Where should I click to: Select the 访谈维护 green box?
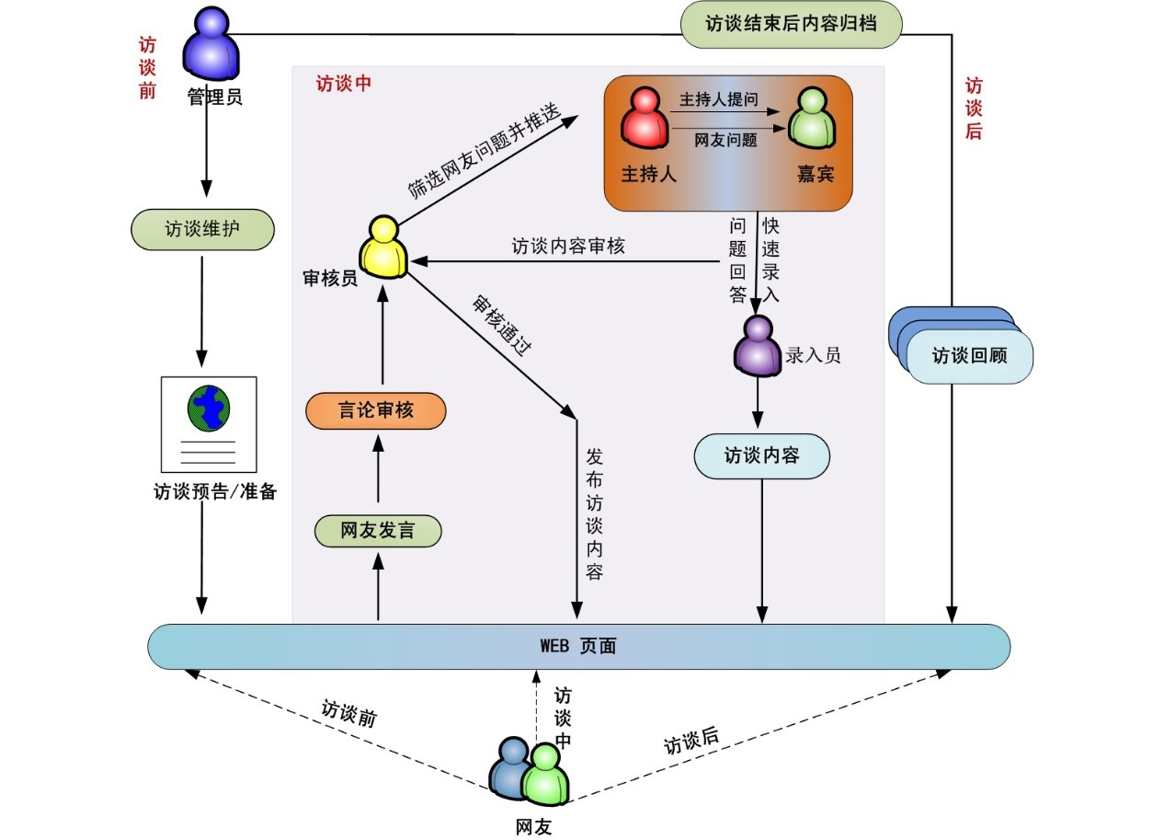(203, 229)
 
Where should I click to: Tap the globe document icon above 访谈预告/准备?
(209, 423)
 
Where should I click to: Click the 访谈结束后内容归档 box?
(791, 25)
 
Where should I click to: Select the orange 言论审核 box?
(376, 410)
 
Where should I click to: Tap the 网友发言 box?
(378, 531)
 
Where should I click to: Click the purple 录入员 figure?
(757, 345)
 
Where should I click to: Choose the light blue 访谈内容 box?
(762, 455)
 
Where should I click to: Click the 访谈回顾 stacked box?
(969, 355)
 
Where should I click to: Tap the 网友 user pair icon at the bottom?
(532, 773)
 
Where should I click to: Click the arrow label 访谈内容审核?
(568, 247)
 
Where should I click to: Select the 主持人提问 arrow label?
(719, 99)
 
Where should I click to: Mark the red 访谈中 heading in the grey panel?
(344, 84)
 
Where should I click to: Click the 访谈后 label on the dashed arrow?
(691, 741)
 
